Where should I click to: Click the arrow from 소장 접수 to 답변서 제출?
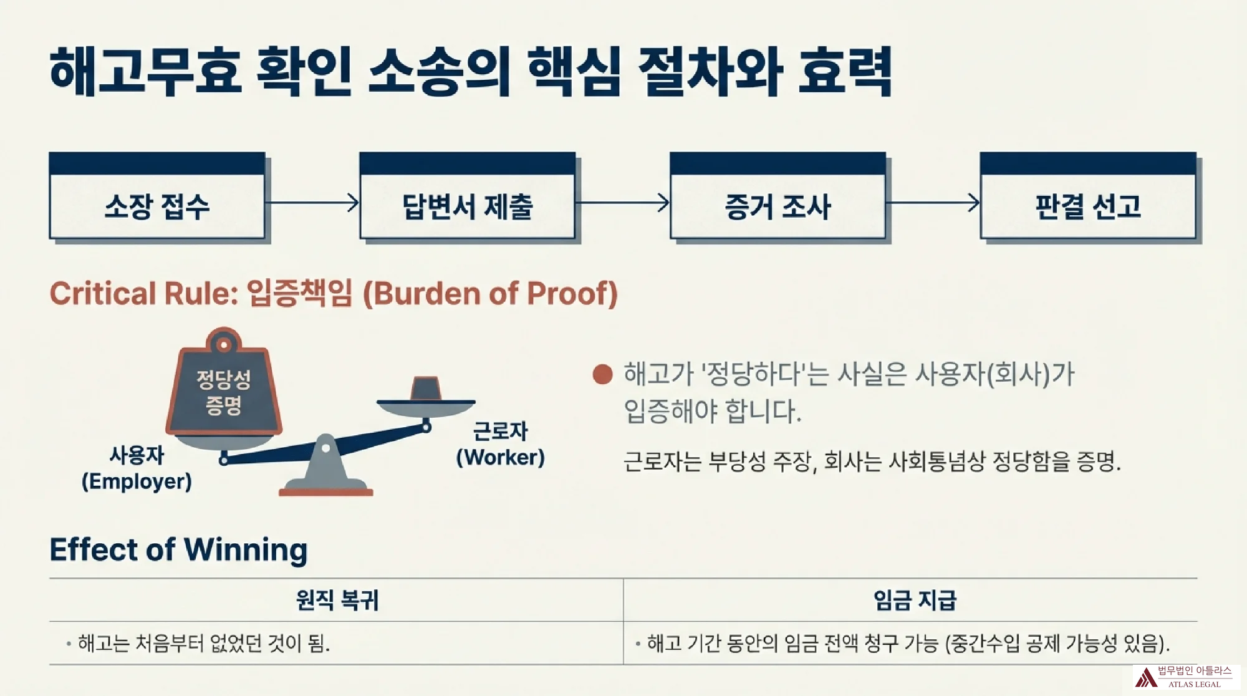coord(312,203)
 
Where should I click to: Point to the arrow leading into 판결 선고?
coord(933,203)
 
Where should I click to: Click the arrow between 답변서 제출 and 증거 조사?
coord(622,203)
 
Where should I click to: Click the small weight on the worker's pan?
coord(426,389)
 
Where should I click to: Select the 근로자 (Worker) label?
coord(500,444)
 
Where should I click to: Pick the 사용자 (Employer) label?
coord(137,468)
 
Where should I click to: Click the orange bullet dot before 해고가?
coord(602,374)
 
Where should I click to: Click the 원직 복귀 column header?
coord(337,600)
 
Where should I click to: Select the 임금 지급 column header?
coord(914,600)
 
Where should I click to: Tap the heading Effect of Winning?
coord(178,549)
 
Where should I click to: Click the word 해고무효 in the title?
coord(145,71)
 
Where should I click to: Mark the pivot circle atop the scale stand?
coord(325,447)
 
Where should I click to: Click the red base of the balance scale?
coord(325,493)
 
